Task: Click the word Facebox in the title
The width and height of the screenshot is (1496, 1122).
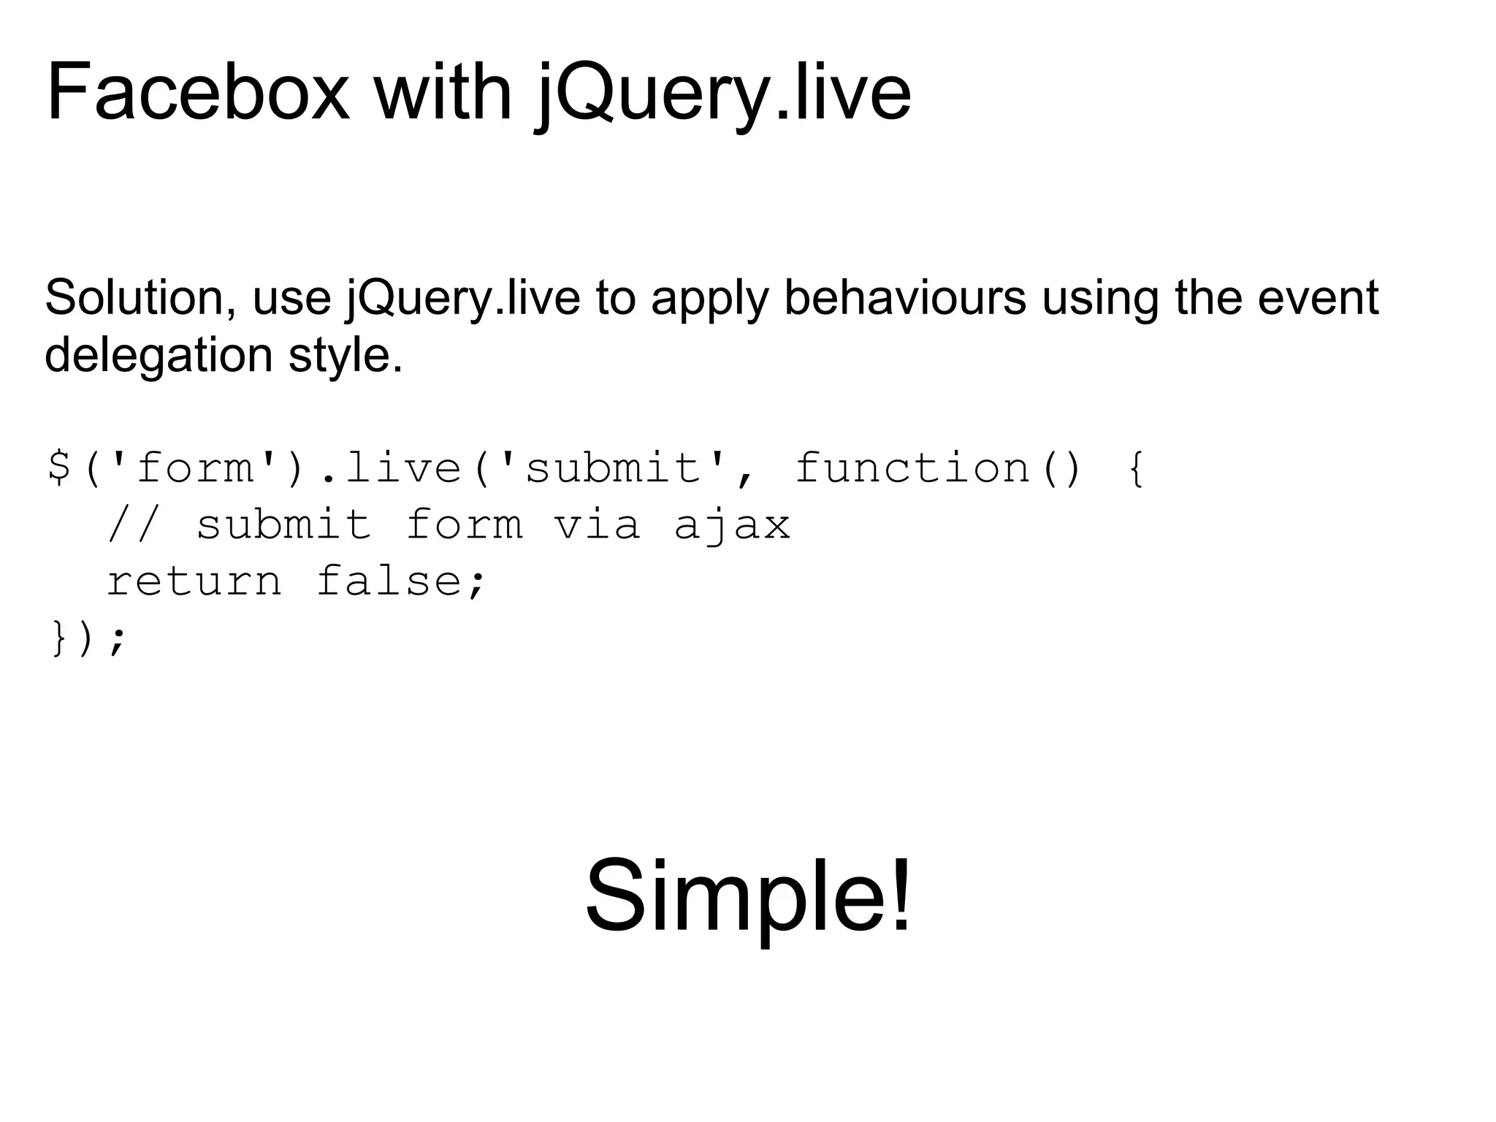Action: pyautogui.click(x=198, y=93)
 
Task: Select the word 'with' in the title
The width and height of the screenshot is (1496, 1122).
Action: pyautogui.click(x=443, y=93)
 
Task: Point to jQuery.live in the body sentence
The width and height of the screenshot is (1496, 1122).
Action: pyautogui.click(x=463, y=299)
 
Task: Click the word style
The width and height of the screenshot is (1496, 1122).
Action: pyautogui.click(x=346, y=356)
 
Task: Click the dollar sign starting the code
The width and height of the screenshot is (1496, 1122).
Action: pyautogui.click(x=58, y=467)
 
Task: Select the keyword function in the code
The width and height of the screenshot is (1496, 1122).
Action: pyautogui.click(x=913, y=467)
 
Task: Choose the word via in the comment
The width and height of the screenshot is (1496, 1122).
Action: pyautogui.click(x=597, y=525)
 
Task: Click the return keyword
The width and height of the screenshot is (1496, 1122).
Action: pyautogui.click(x=194, y=582)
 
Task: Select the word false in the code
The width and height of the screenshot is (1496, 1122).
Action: pyautogui.click(x=389, y=581)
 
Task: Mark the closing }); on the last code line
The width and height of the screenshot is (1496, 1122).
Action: pyautogui.click(x=88, y=638)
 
